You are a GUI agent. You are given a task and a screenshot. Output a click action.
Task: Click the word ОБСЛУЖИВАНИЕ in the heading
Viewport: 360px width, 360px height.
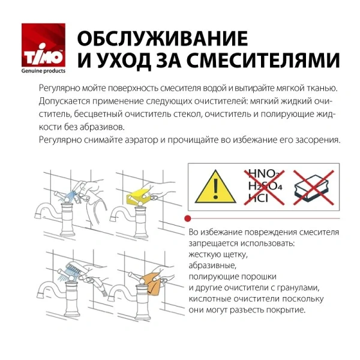(x=162, y=38)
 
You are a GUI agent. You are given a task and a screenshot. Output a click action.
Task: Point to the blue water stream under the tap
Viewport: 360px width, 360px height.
(x=70, y=196)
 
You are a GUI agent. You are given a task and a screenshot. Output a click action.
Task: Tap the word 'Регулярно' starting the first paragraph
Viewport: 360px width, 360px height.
(x=58, y=87)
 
